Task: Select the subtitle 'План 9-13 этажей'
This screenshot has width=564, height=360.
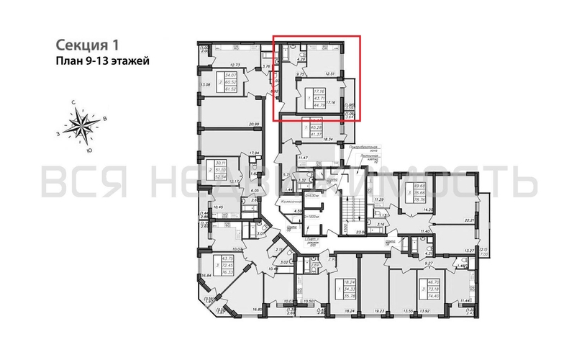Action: tap(102, 61)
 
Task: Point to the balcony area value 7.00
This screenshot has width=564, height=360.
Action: tap(485, 255)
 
